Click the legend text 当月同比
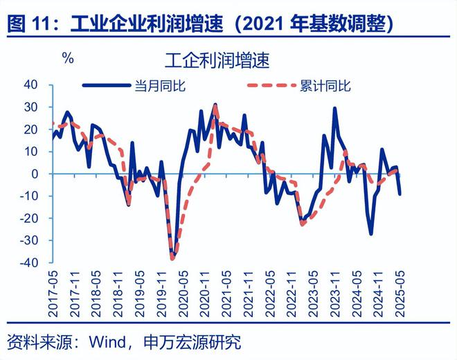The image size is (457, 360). point(164,86)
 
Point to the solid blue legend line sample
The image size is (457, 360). point(108,86)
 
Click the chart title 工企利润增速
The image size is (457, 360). point(217,59)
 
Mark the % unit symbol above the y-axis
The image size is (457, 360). point(67,58)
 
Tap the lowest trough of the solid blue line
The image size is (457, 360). point(172,259)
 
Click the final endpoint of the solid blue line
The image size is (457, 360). point(400,194)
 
